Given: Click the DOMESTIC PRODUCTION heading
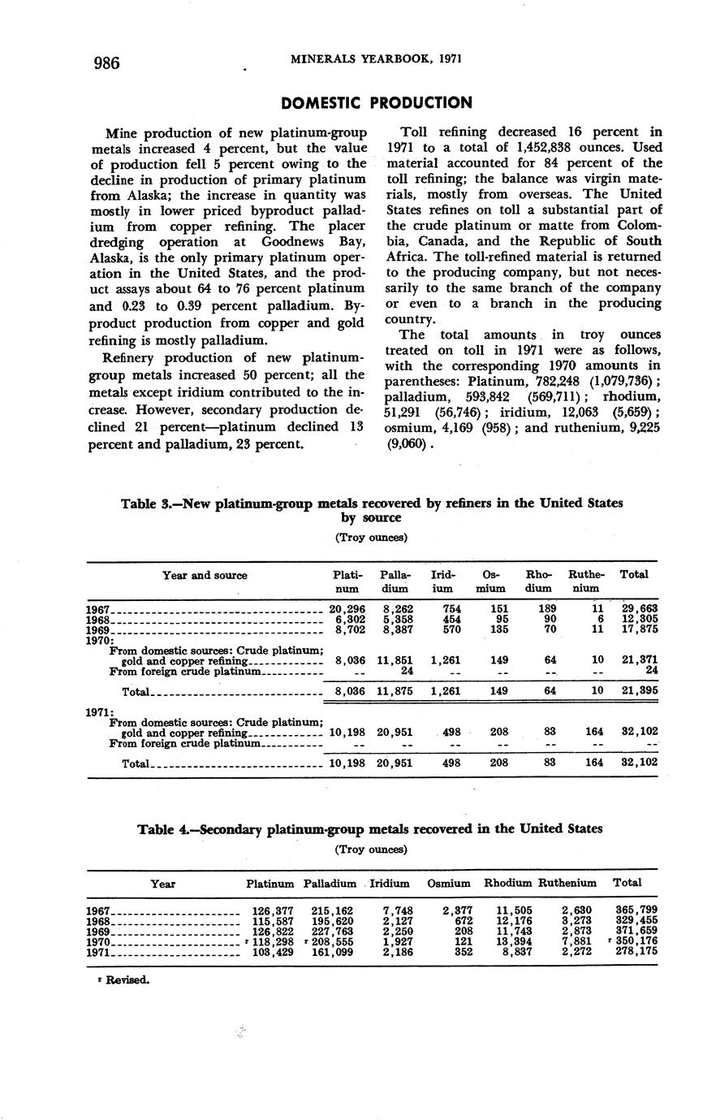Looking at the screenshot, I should click(x=376, y=103).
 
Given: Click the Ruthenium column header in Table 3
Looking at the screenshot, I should click(x=585, y=581).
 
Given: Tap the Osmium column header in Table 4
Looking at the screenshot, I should click(x=448, y=883).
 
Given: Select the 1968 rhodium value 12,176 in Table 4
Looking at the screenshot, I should click(x=512, y=921).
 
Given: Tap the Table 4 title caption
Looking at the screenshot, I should click(x=370, y=829).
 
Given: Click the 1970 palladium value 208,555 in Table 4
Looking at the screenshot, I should click(x=333, y=941).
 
